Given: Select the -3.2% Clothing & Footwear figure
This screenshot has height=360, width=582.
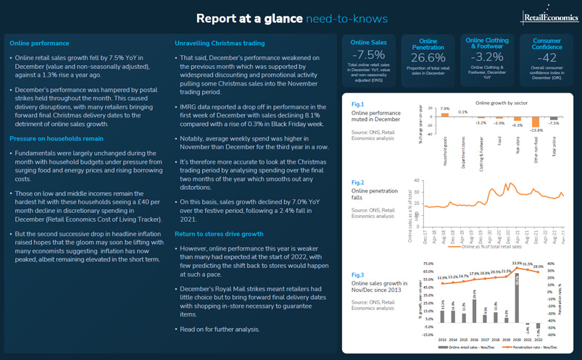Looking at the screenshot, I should (487, 57).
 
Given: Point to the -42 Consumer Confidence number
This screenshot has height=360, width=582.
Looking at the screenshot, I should (546, 57).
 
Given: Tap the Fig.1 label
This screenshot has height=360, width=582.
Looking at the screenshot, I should (358, 105).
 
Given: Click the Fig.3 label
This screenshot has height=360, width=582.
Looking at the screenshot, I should (358, 276).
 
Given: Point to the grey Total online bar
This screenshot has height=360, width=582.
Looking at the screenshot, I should (554, 120).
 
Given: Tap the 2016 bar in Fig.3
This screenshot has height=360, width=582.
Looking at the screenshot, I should (474, 307).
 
